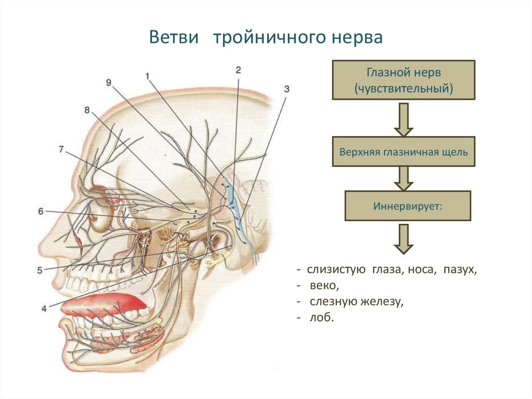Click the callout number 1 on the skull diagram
pyautogui.click(x=148, y=76)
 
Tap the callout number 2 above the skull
pyautogui.click(x=238, y=69)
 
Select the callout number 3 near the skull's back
pyautogui.click(x=286, y=88)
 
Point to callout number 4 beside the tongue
pyautogui.click(x=44, y=308)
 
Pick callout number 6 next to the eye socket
pyautogui.click(x=41, y=211)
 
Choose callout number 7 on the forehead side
pyautogui.click(x=61, y=149)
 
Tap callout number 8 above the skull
pyautogui.click(x=87, y=110)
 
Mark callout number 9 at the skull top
pyautogui.click(x=108, y=82)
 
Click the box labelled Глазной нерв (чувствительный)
pyautogui.click(x=403, y=80)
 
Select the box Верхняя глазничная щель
pyautogui.click(x=403, y=152)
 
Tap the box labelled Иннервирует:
pyautogui.click(x=407, y=205)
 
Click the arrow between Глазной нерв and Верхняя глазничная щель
pyautogui.click(x=403, y=119)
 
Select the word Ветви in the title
pyautogui.click(x=175, y=38)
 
